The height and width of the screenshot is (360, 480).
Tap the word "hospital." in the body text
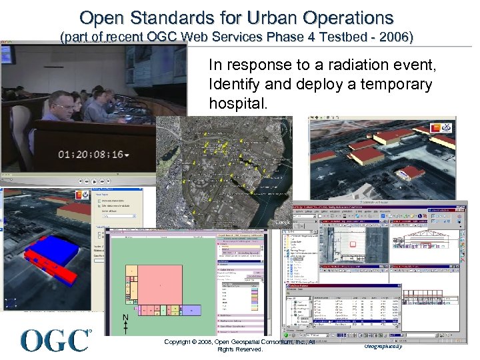tap(238, 103)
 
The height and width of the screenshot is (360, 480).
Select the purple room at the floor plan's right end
tap(192, 310)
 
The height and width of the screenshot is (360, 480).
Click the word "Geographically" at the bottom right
tap(383, 347)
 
